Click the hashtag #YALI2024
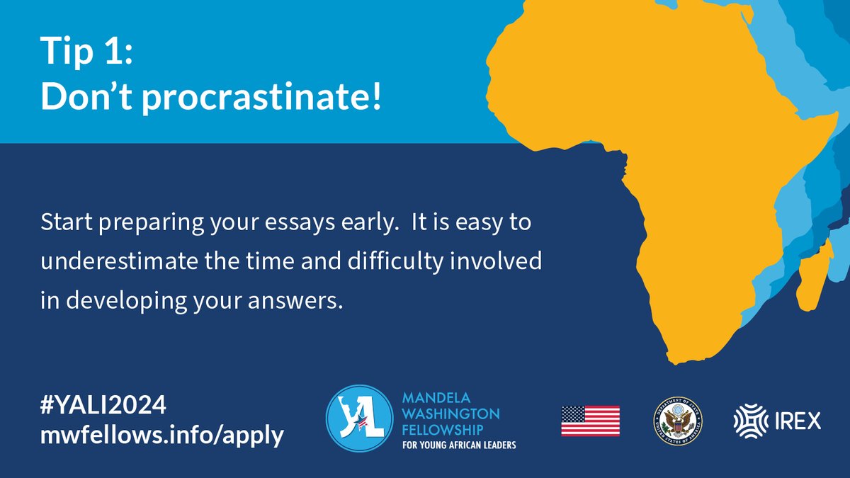coord(103,405)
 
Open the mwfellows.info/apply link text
coord(162,435)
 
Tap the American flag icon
coord(590,421)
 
